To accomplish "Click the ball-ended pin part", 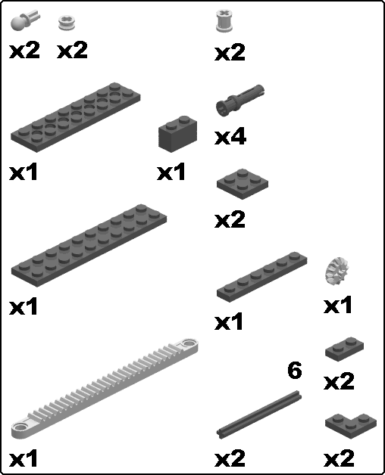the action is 24,20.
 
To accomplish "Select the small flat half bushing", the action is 67,23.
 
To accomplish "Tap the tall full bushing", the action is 224,20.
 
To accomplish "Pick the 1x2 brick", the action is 177,134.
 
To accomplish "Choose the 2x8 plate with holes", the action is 76,116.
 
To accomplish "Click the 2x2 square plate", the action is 243,184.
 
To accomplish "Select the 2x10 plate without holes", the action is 89,245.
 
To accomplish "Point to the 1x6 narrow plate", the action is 261,277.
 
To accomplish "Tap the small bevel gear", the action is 336,271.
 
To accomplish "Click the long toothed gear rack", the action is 105,388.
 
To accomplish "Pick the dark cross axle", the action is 259,414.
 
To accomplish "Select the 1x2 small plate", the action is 345,349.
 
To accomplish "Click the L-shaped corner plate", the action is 351,427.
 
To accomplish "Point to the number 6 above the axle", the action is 295,370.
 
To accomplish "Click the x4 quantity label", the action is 230,137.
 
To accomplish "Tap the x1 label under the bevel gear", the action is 338,305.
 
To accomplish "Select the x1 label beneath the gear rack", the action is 23,458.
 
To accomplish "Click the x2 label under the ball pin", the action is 24,50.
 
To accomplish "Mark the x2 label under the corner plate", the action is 339,458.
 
